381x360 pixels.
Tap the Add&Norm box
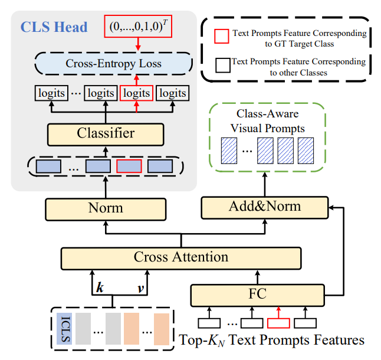coord(264,207)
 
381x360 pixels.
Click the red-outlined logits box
coord(136,93)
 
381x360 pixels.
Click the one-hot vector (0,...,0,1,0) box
coord(137,27)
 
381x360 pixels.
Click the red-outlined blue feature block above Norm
coord(129,166)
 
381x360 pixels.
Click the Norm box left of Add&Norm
coord(106,207)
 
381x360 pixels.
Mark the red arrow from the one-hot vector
coord(137,44)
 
